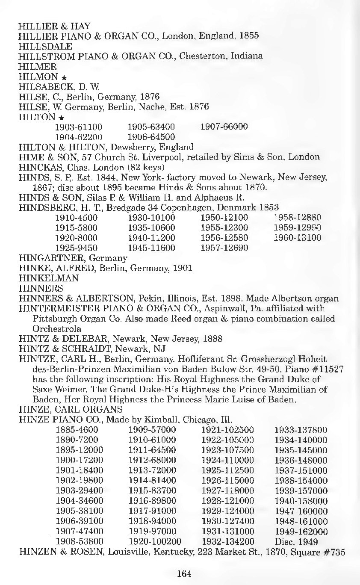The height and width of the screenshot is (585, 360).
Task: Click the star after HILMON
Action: [x=62, y=77]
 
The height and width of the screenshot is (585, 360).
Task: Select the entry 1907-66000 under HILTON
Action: [x=224, y=127]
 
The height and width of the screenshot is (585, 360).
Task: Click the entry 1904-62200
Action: [x=79, y=137]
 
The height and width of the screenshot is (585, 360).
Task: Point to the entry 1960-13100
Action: [x=297, y=238]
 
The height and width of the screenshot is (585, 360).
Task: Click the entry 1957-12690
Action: [x=224, y=248]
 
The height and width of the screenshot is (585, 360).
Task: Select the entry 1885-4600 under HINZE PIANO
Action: [x=77, y=429]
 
